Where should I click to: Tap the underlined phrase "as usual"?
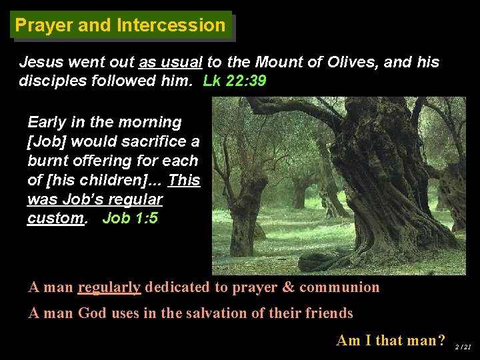170,62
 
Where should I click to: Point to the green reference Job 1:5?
130,218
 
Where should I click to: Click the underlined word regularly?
109,287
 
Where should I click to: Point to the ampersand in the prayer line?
289,287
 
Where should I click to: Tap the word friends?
327,313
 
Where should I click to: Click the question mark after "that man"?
441,340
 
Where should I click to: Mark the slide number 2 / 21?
463,347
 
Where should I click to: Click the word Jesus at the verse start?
41,62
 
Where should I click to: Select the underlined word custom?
55,218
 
